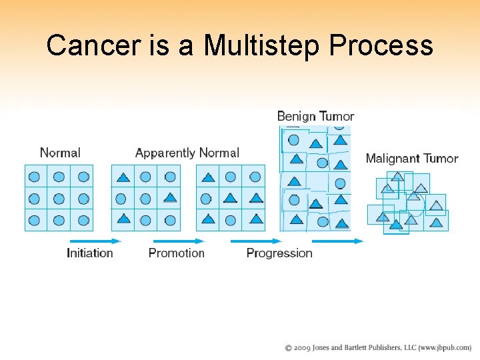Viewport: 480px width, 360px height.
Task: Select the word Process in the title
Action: click(381, 45)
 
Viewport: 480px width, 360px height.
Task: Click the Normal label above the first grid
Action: click(60, 153)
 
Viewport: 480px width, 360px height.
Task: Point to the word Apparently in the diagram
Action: click(165, 153)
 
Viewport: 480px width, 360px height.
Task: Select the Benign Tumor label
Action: click(315, 117)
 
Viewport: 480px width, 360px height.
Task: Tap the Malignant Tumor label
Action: click(412, 159)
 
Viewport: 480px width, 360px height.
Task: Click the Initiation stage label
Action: click(90, 253)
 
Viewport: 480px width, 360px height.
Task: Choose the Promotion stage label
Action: click(176, 253)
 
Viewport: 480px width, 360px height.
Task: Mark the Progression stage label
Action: click(279, 253)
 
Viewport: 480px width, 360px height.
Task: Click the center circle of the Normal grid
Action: click(59, 198)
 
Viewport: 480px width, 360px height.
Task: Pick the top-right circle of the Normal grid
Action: click(83, 177)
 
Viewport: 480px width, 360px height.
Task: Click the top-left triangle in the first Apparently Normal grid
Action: click(123, 177)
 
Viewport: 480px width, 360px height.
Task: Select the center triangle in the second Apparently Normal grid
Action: click(231, 198)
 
